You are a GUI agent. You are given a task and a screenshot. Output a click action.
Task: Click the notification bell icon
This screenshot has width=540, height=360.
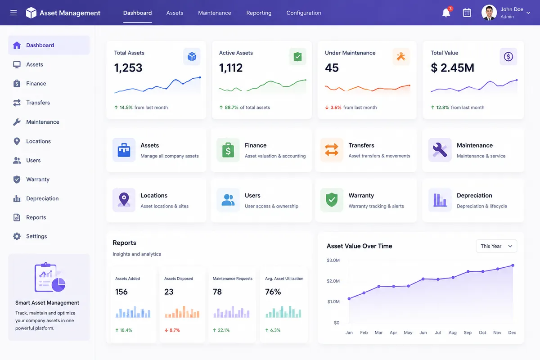coord(446,13)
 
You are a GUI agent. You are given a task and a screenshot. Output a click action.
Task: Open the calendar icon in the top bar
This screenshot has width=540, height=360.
coord(467,13)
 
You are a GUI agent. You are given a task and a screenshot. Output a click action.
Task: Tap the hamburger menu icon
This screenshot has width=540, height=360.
coord(13,13)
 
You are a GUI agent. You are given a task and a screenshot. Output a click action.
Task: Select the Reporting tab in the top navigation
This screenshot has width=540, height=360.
coord(259,13)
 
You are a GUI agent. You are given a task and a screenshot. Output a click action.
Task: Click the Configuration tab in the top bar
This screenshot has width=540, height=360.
coord(303,13)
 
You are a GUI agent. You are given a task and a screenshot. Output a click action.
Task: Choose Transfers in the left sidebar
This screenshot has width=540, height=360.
coord(38,103)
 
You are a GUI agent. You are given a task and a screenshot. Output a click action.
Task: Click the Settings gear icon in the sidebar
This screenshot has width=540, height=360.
coord(17,236)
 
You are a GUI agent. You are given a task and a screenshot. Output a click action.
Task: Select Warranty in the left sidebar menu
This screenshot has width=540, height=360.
coord(38,179)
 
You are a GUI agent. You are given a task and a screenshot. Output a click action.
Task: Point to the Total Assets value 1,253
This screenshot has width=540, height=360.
coord(128,68)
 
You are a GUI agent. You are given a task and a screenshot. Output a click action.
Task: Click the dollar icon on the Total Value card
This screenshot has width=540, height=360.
coord(508,57)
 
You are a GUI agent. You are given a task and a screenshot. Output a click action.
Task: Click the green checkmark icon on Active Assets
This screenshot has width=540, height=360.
coord(298,57)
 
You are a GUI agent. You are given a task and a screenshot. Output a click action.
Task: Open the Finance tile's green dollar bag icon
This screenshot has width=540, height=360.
coord(228,150)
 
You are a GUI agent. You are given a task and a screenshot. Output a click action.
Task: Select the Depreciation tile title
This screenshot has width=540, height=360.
coord(474,195)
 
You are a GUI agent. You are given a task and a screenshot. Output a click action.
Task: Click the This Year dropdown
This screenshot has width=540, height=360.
coord(496,246)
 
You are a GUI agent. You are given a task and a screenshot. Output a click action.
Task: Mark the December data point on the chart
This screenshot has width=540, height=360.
coord(513,265)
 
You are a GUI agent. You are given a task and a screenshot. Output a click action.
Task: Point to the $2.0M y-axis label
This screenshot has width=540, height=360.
coord(333,281)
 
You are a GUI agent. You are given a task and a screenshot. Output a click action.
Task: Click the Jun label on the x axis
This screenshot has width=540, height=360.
coord(423,333)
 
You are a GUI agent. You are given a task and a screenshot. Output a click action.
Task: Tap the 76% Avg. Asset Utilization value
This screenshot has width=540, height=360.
coord(273,292)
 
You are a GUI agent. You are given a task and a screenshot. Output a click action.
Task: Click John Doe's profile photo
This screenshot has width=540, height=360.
coord(489,13)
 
